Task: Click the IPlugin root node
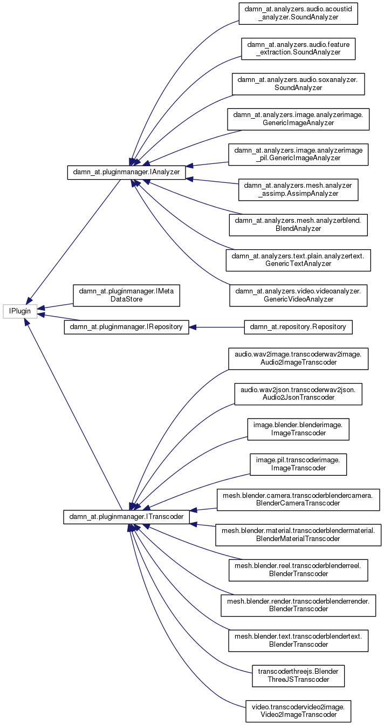pos(20,311)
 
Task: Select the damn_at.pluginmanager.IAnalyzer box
pos(126,172)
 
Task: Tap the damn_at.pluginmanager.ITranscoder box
pos(126,517)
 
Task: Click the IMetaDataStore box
pos(126,295)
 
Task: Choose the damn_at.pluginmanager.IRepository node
pos(126,327)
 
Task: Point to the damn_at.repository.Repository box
pos(298,327)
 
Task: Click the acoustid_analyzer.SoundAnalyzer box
pos(298,13)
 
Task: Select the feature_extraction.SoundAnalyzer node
pos(298,49)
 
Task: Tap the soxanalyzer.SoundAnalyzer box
pos(298,84)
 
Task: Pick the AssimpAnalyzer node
pos(298,190)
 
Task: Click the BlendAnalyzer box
pos(298,224)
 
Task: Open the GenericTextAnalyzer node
pos(298,260)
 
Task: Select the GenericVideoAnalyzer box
pos(298,295)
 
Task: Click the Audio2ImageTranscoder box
pos(298,359)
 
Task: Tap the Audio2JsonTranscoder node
pos(298,394)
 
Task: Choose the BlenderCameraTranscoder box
pos(298,500)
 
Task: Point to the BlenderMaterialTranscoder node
pos(298,535)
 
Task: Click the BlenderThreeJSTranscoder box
pos(298,676)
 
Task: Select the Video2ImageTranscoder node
pos(298,711)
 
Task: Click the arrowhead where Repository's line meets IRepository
pos(193,327)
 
